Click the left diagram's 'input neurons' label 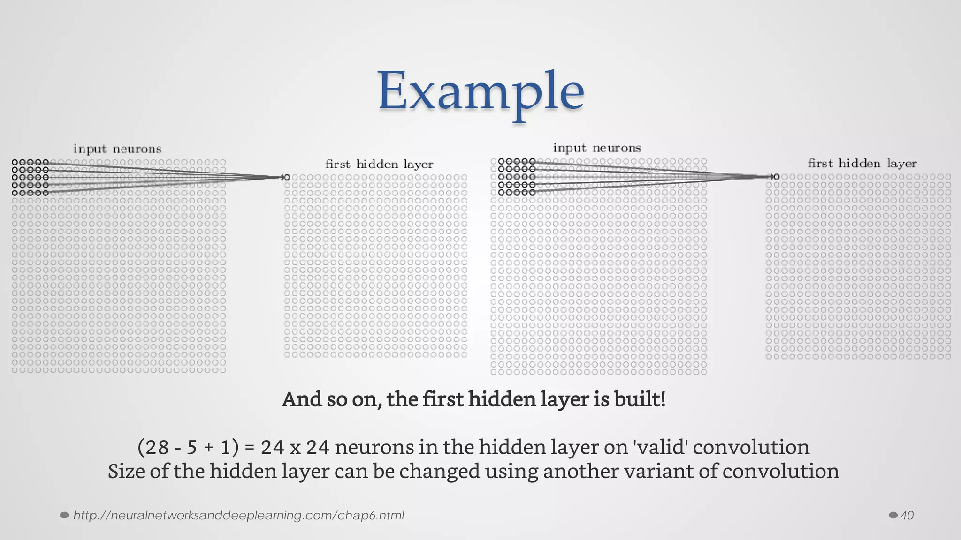click(x=117, y=149)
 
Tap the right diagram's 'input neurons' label click(x=597, y=148)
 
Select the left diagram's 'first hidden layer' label click(x=379, y=164)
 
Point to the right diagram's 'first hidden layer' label click(x=862, y=163)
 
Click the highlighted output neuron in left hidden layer click(x=287, y=178)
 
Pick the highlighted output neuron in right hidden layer click(x=776, y=177)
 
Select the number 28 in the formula click(x=157, y=448)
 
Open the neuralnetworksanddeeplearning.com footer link click(x=238, y=516)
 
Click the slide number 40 click(x=907, y=516)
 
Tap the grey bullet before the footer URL click(x=65, y=516)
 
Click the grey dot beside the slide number click(x=893, y=516)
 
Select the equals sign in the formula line click(x=250, y=448)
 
